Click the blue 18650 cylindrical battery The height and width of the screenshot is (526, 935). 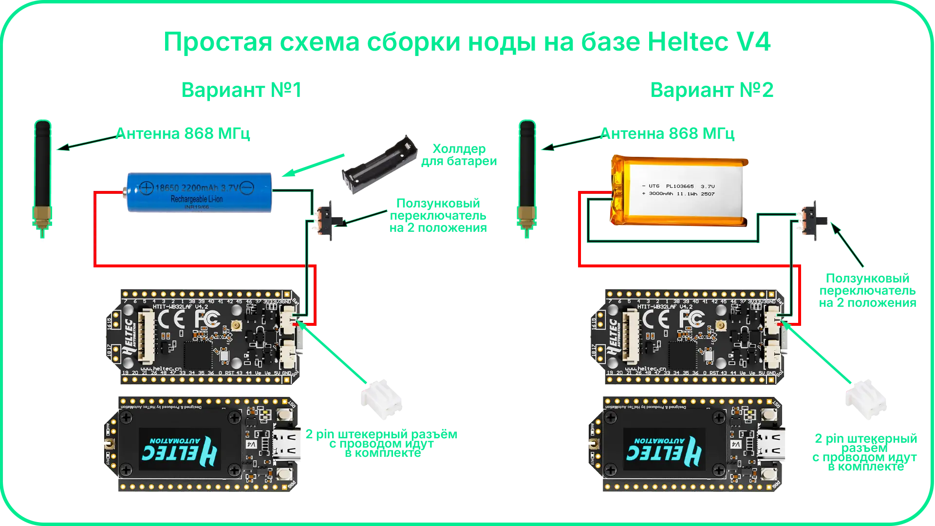tap(197, 192)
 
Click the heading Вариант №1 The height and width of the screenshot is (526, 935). tap(241, 90)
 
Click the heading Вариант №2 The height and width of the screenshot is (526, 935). tap(712, 90)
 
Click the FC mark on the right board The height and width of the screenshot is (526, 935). tap(692, 319)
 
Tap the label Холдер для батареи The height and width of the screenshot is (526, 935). tap(459, 155)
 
